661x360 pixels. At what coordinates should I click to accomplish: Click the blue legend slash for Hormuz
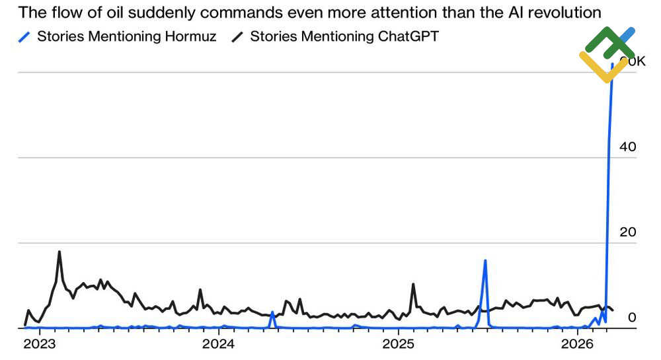[24, 37]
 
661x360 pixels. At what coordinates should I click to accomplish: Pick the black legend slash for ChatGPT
[237, 37]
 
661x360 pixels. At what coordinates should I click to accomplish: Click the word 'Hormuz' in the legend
[189, 37]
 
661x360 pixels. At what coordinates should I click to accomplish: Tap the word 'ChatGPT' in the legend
[408, 37]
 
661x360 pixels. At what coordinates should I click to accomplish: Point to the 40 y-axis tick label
[627, 147]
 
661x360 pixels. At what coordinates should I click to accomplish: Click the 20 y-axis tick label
[627, 233]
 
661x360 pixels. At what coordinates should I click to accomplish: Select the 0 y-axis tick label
[632, 318]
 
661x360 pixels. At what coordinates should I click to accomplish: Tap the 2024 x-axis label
[218, 344]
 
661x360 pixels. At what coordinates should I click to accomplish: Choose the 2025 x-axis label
[398, 344]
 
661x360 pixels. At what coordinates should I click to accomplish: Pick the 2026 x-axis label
[578, 344]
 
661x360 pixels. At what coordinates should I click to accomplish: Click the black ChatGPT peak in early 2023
[59, 252]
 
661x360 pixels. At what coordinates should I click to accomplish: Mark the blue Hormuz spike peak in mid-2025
[485, 260]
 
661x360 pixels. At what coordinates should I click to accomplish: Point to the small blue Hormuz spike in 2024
[272, 312]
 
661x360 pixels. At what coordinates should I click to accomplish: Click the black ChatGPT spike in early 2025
[413, 285]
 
